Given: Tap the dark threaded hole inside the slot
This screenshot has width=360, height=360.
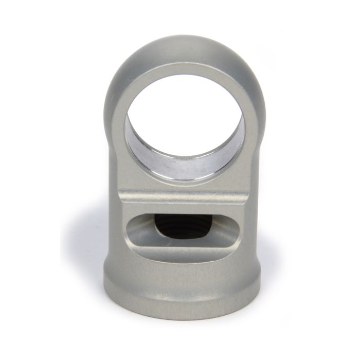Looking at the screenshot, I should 185,226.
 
